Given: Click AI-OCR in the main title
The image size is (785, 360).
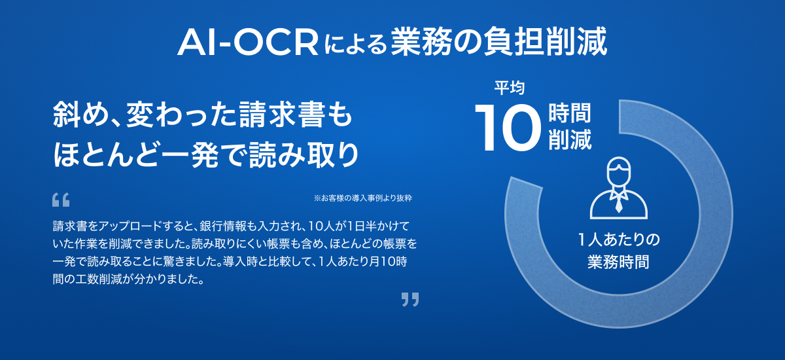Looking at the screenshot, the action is coord(248,43).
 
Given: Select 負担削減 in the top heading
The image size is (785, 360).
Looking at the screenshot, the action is coord(546,41).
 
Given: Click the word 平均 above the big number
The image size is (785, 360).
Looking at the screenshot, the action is coord(509,88).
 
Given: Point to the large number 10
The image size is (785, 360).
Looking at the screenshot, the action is coord(508,127).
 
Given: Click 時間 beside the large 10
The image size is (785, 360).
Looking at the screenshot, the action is coord(570,113).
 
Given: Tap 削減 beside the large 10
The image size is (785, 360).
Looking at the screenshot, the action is coord(570,139).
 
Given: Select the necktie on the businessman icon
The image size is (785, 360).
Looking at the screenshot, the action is coord(619,203).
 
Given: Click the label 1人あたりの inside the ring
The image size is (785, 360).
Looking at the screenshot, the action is coord(619,240).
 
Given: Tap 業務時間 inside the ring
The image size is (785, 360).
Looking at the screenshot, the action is coord(619,262).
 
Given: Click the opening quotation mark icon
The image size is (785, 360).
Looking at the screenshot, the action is coord(61,200).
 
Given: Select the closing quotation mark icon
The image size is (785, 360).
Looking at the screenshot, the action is coord(410,300).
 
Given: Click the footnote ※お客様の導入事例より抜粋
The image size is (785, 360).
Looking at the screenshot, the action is coord(362,198).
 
